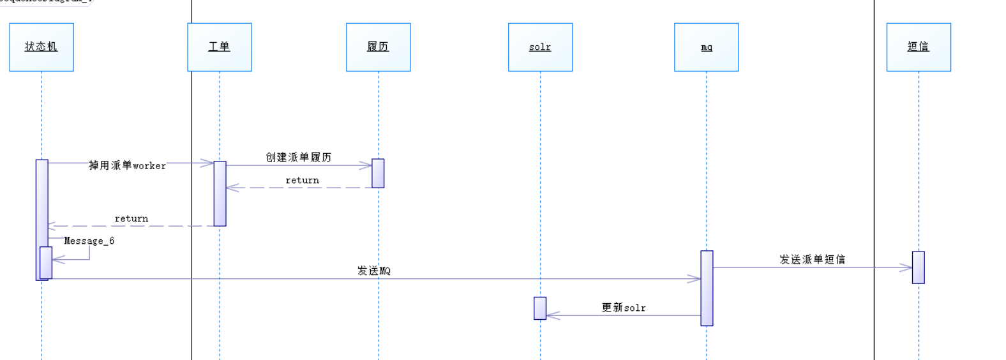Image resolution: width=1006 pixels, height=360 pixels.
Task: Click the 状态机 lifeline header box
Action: tap(41, 47)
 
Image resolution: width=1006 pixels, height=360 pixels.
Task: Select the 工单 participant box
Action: tap(219, 47)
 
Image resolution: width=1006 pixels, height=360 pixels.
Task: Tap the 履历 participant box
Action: tap(378, 47)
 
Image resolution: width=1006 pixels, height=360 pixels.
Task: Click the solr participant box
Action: tap(540, 47)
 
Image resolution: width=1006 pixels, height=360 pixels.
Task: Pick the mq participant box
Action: tap(706, 47)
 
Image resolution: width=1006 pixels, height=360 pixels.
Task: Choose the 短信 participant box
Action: tap(918, 47)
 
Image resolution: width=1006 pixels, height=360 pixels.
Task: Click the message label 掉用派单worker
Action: tap(127, 165)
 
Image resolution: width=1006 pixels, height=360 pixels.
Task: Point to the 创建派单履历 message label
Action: tap(298, 157)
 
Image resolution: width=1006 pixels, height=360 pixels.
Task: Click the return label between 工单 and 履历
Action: tap(302, 181)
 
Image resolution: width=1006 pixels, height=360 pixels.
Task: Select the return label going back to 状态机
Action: tap(131, 219)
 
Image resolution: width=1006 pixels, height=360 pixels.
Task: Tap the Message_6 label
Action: tap(89, 241)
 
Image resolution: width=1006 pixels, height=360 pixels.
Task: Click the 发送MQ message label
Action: tap(373, 271)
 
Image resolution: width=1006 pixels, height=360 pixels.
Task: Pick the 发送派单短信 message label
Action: tap(812, 259)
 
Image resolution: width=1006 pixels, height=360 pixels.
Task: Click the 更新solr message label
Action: tap(623, 308)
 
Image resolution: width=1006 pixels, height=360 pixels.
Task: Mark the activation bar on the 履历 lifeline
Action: tap(378, 173)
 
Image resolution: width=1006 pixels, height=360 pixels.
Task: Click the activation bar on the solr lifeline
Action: tap(540, 308)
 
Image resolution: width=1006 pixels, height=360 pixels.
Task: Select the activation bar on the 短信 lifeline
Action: tap(918, 267)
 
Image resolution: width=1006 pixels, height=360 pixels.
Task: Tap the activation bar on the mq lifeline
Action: tap(706, 288)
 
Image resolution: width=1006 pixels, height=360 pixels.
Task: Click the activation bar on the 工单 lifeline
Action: tap(220, 193)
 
